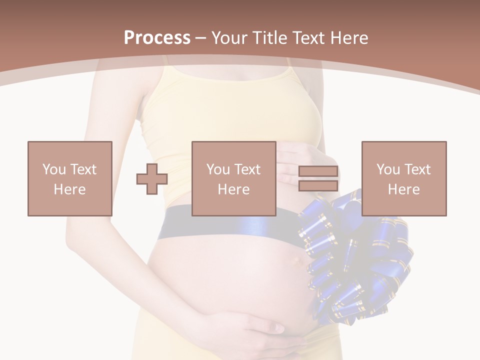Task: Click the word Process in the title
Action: (157, 38)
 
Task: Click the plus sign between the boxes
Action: (152, 179)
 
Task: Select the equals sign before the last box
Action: (318, 179)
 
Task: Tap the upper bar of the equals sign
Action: (318, 171)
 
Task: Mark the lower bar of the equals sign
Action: (318, 186)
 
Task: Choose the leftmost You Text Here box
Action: (69, 178)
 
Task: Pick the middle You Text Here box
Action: (233, 178)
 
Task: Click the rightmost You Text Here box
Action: (403, 178)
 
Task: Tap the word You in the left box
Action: (54, 169)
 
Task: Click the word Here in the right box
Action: (403, 189)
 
